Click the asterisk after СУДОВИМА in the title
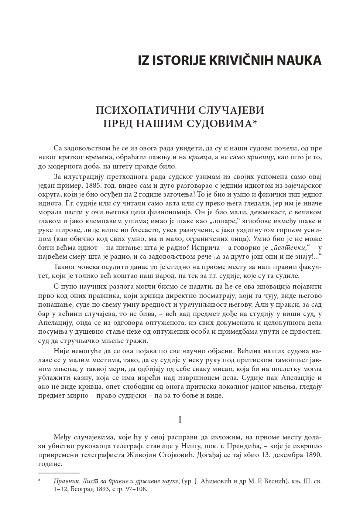point(254,123)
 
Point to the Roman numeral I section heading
point(180,420)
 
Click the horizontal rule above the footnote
point(59,473)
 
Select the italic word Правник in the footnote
point(65,481)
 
